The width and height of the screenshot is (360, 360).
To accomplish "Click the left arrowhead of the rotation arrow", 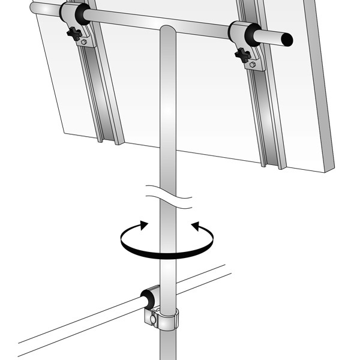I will click(x=143, y=224).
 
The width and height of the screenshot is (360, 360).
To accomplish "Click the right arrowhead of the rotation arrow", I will click(x=194, y=226).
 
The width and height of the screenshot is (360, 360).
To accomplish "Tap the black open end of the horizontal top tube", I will click(x=288, y=40).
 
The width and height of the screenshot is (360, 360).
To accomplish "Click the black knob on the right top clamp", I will click(x=242, y=56).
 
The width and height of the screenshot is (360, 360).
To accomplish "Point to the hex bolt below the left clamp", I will click(x=85, y=42).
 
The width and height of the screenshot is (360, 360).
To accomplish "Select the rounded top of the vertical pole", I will click(x=168, y=30).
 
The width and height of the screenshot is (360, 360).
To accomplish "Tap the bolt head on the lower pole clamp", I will click(x=154, y=319).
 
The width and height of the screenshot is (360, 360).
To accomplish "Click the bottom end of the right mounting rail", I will click(x=274, y=164).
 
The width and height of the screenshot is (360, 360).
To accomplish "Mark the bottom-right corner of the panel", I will click(x=328, y=169).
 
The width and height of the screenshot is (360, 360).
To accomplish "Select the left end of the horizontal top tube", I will click(x=35, y=8).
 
